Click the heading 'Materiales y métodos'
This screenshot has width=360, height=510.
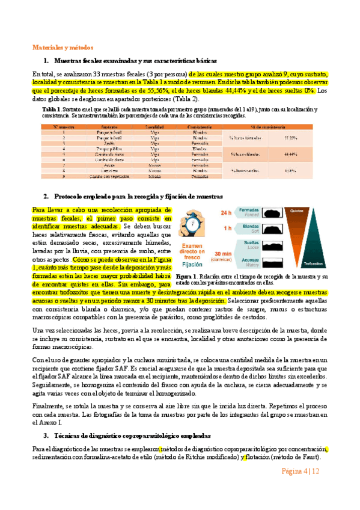[x=62, y=48]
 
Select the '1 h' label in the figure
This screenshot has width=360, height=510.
[x=227, y=229]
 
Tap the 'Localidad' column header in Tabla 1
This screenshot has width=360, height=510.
[x=154, y=126]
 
